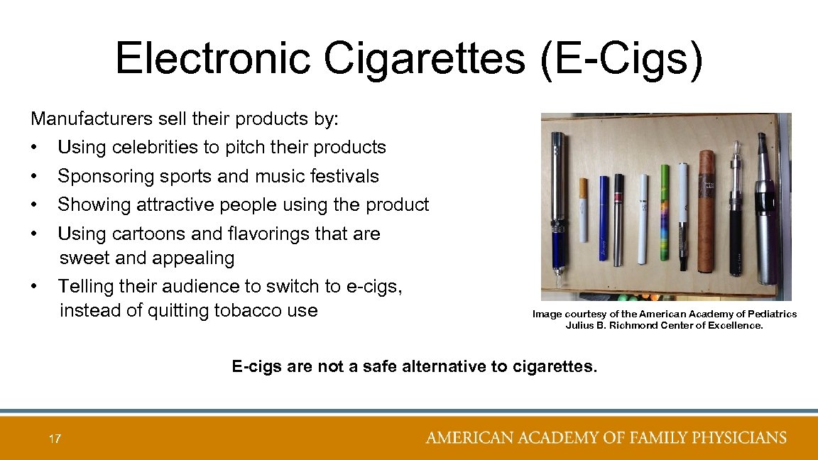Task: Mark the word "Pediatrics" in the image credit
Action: pos(771,314)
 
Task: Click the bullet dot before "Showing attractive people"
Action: pos(34,205)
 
